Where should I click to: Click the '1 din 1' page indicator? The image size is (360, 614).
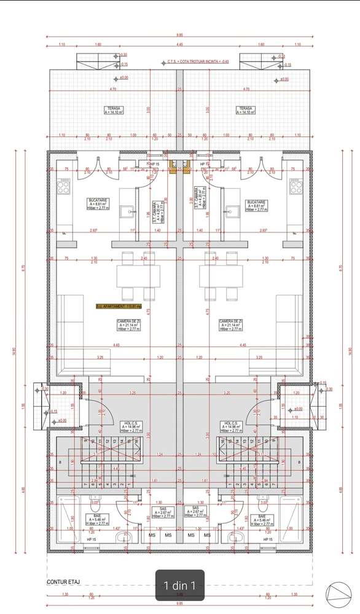(x=180, y=585)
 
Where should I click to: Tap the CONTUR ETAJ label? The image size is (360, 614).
(x=65, y=581)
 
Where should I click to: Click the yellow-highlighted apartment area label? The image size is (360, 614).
(x=119, y=305)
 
